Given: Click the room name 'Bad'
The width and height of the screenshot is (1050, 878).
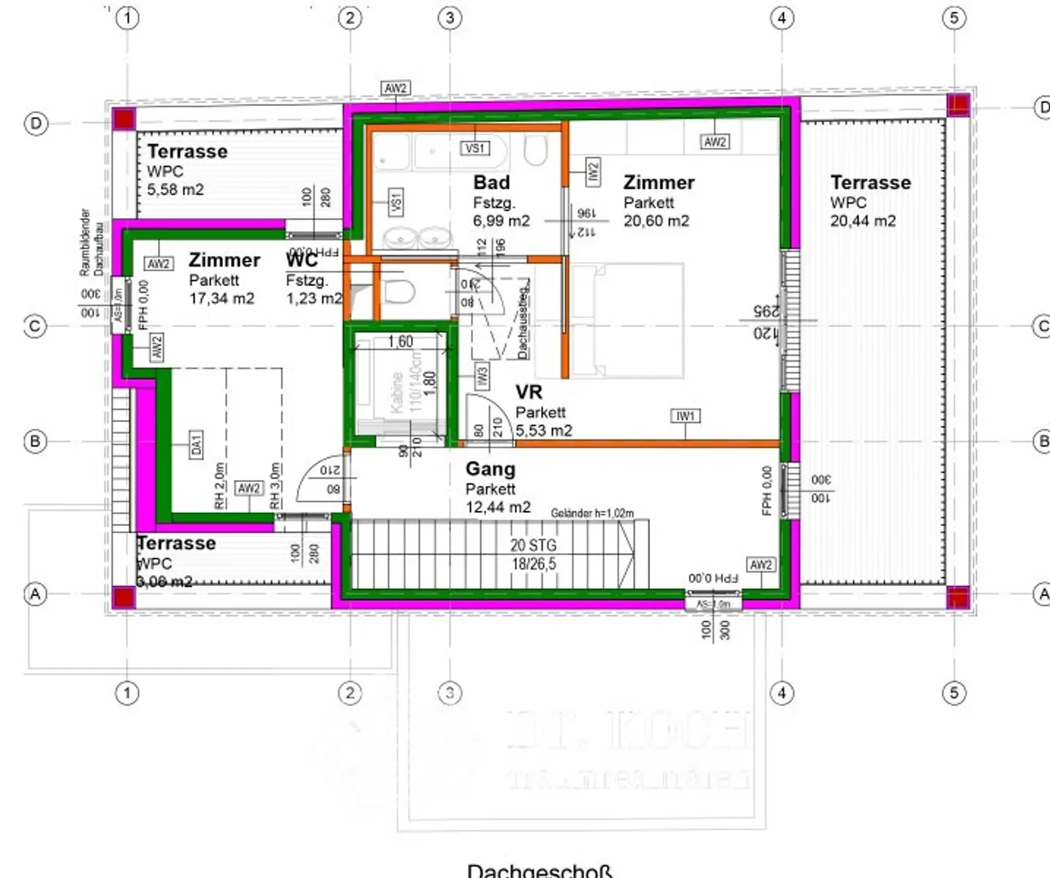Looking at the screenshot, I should tap(492, 183).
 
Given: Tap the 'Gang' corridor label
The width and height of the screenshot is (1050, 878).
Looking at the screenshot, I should tap(490, 469).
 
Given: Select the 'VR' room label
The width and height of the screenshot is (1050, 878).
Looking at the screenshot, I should tap(528, 392).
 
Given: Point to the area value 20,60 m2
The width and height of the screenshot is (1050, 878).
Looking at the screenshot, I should tap(656, 221).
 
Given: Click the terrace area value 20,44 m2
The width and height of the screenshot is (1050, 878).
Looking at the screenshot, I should tap(863, 221).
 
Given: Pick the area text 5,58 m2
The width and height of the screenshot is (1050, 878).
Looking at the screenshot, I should tap(176, 189).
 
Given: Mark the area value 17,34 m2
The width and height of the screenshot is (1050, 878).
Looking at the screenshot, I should tap(221, 298).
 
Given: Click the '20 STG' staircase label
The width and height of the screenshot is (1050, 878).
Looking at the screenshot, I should tap(533, 545).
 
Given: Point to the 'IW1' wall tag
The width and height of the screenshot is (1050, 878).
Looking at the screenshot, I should tap(686, 416).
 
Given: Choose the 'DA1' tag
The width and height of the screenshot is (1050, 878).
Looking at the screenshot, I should tap(196, 444).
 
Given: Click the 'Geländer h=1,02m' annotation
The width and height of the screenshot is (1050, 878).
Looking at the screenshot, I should tap(592, 513).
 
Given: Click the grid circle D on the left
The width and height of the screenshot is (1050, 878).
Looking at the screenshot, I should tap(36, 124).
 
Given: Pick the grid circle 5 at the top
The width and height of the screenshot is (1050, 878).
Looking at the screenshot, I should tap(954, 18).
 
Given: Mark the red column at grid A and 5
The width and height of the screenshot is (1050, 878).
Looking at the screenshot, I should tap(958, 596).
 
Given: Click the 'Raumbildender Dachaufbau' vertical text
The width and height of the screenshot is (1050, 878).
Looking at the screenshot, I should tap(92, 242).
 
